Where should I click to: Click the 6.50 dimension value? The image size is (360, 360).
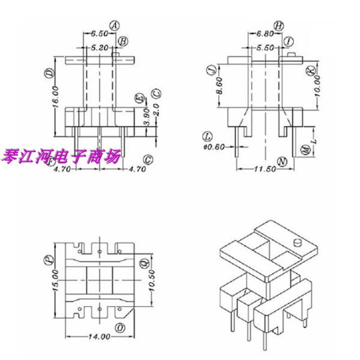[99, 34]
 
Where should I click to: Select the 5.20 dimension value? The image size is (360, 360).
[99, 47]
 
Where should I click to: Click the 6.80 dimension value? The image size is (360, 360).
[264, 34]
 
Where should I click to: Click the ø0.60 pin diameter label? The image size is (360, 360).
[214, 147]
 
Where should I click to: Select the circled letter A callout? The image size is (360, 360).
[114, 26]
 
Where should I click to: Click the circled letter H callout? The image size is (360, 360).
[279, 26]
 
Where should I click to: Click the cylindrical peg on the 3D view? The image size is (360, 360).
[297, 244]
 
